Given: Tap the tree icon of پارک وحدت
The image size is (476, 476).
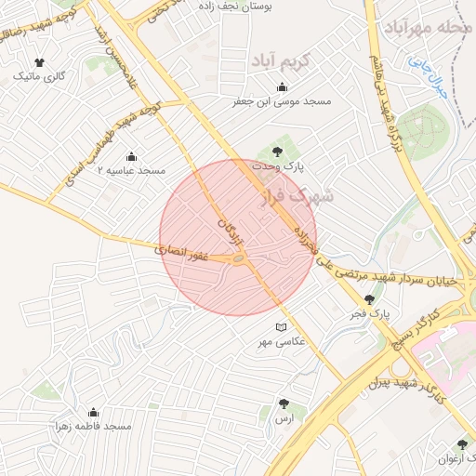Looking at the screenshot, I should click(x=275, y=152).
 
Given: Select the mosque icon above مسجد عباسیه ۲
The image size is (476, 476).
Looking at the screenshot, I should click(x=130, y=156).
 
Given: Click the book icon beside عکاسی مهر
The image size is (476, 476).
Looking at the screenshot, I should click(x=281, y=327).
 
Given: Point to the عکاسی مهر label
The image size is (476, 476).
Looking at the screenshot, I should click(x=281, y=342).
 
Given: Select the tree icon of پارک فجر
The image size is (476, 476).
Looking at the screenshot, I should click(x=370, y=299).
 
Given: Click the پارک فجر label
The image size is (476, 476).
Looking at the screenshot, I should click(x=370, y=314).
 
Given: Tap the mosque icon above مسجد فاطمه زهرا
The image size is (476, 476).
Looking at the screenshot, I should click(x=92, y=412).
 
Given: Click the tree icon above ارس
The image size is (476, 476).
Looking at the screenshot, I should click(x=283, y=404).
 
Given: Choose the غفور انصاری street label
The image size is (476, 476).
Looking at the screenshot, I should click(x=176, y=252).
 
